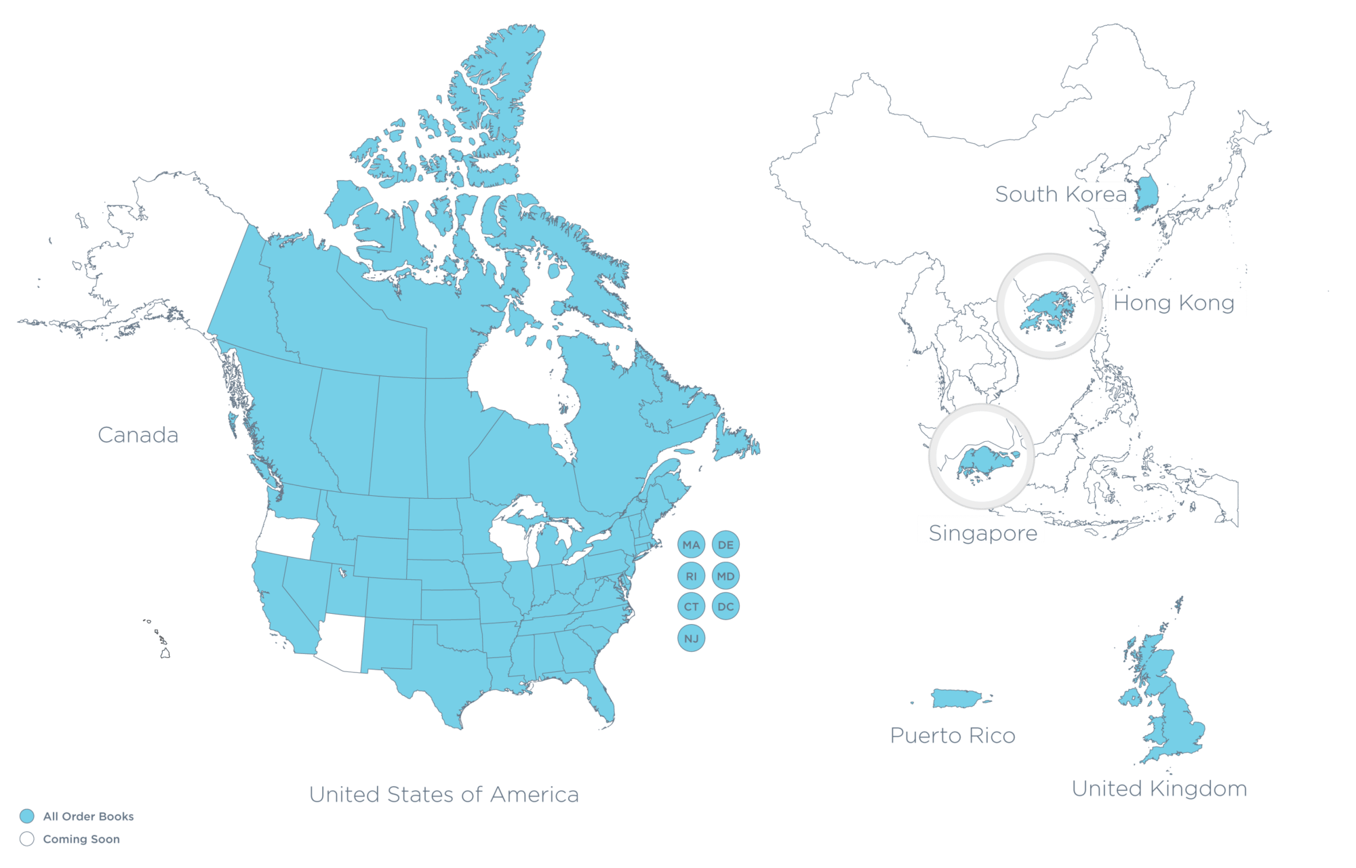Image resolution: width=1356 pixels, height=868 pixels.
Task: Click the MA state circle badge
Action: pyautogui.click(x=691, y=545)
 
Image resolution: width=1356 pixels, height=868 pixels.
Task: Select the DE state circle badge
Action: pyautogui.click(x=725, y=545)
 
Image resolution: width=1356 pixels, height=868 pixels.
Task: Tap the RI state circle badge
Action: pyautogui.click(x=691, y=576)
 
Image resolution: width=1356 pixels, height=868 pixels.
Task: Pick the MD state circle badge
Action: pyautogui.click(x=725, y=576)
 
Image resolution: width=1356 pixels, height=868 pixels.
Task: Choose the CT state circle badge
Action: pyautogui.click(x=691, y=606)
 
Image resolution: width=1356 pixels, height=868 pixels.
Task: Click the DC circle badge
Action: pyautogui.click(x=725, y=606)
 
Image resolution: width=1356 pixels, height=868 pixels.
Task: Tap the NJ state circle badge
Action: pyautogui.click(x=691, y=638)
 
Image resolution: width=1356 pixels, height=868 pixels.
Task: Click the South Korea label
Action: pyautogui.click(x=1060, y=194)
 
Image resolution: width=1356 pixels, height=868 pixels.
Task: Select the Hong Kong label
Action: pyautogui.click(x=1174, y=303)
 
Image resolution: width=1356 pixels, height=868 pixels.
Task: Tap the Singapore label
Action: pyautogui.click(x=982, y=533)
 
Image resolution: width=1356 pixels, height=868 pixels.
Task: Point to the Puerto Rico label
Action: pyautogui.click(x=953, y=736)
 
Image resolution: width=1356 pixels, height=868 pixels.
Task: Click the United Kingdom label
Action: pyautogui.click(x=1159, y=789)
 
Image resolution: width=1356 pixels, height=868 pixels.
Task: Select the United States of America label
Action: pyautogui.click(x=443, y=794)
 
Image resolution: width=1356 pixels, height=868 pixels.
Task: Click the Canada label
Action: pyautogui.click(x=138, y=435)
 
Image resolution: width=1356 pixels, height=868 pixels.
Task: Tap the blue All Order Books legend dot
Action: pyautogui.click(x=27, y=816)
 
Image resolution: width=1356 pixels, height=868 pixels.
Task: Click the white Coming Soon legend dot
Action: pyautogui.click(x=27, y=839)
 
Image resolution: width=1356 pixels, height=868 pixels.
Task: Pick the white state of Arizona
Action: pyautogui.click(x=342, y=640)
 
